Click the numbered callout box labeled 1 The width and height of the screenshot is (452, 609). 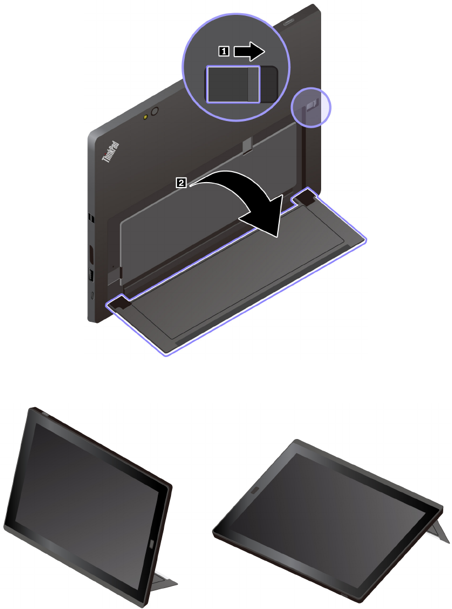pos(224,51)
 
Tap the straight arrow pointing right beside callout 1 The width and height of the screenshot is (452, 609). pos(249,51)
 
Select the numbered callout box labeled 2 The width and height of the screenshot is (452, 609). pos(181,182)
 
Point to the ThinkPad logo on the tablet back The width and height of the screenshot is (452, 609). pos(111,152)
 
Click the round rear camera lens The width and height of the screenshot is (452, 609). pos(155,112)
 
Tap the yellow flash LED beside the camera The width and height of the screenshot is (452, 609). pos(146,117)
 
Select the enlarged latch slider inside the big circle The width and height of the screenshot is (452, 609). pos(233,84)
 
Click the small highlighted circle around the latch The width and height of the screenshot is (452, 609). pos(311,107)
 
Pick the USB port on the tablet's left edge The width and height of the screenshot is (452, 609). pos(92,275)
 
